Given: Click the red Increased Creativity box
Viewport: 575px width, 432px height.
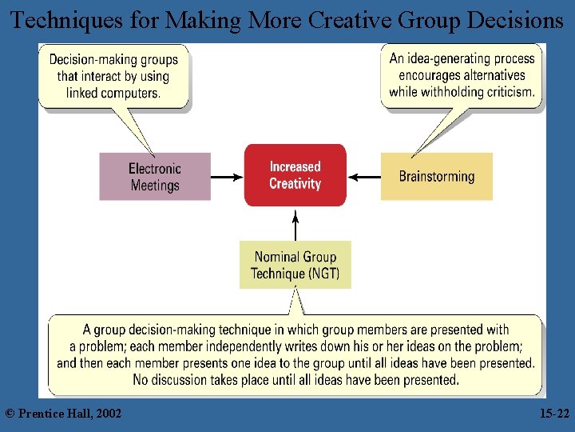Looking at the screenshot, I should [x=295, y=175].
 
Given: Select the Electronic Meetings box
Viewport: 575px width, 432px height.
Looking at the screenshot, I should [x=155, y=177].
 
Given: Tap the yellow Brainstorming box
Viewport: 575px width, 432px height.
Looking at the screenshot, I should [x=436, y=177].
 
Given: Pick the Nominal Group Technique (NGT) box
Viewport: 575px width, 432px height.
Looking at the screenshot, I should [x=295, y=265].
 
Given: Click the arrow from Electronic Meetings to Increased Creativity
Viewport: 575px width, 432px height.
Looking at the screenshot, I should [x=228, y=177].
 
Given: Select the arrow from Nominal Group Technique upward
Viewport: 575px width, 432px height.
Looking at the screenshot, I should [x=295, y=225].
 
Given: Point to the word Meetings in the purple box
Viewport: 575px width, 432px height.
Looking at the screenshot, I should [x=155, y=186].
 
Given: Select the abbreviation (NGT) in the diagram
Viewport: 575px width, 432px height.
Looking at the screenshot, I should [x=324, y=274].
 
